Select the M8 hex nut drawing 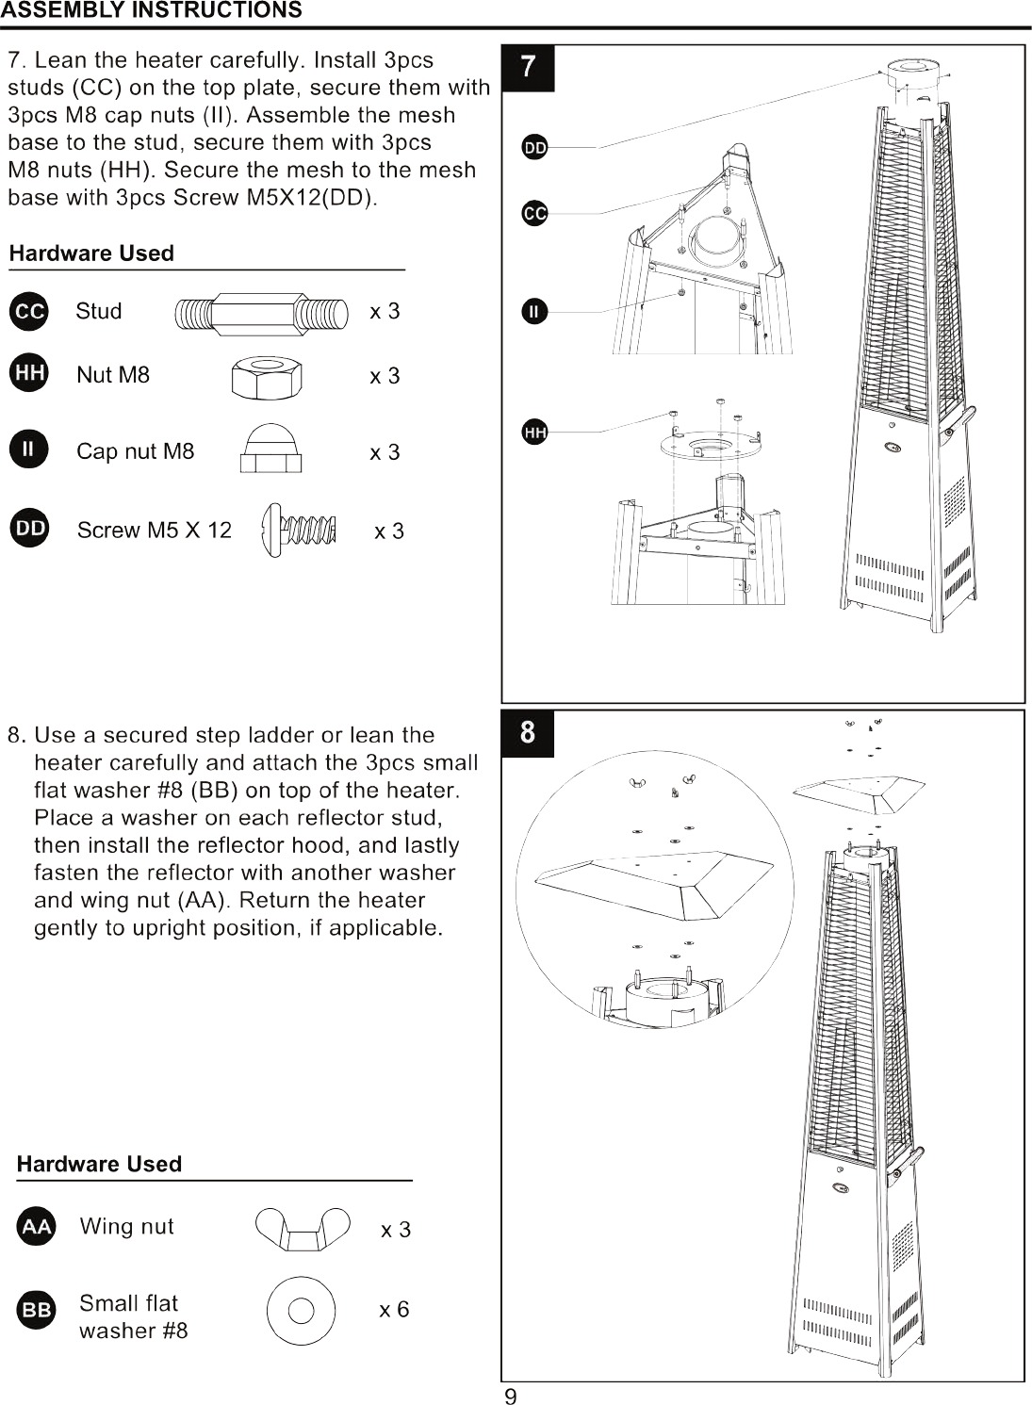tap(267, 378)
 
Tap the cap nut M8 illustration tap(270, 448)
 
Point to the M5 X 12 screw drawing tap(299, 531)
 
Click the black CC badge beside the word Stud tap(29, 311)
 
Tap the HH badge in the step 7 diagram tap(534, 433)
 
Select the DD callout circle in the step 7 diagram tap(535, 148)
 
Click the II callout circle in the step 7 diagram tap(534, 312)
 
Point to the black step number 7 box tap(528, 69)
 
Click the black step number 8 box tap(528, 734)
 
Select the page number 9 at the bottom tap(511, 1397)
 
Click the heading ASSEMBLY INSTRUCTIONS tap(151, 10)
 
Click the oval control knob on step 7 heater tap(891, 448)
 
